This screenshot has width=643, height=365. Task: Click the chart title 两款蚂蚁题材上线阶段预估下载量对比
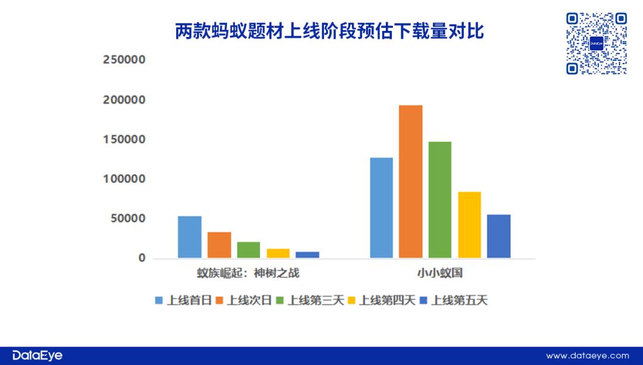(x=330, y=31)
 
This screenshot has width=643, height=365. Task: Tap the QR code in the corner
(x=597, y=43)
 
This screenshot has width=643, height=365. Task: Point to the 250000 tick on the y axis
(x=124, y=60)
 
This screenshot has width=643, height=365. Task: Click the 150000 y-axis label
(x=124, y=139)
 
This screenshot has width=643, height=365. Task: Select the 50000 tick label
(x=128, y=219)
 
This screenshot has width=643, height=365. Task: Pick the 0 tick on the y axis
(x=142, y=258)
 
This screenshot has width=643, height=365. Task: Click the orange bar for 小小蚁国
(x=410, y=182)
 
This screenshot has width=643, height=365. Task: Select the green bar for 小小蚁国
(x=440, y=199)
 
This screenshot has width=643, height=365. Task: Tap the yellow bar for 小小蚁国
(x=470, y=224)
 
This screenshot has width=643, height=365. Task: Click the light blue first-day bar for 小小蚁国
(x=382, y=208)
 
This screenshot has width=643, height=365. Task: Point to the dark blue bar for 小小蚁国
(x=499, y=236)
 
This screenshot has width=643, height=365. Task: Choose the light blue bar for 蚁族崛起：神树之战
(x=189, y=237)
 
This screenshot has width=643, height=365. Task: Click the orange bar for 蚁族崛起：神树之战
(x=219, y=245)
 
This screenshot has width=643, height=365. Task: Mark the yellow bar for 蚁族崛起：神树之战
(x=278, y=254)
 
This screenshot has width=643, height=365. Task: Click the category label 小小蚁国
(x=440, y=273)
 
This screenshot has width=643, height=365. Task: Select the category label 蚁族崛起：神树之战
(x=248, y=273)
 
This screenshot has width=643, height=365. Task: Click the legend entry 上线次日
(x=244, y=301)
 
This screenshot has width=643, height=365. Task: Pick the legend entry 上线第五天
(x=454, y=301)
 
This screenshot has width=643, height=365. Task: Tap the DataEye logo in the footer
(x=38, y=355)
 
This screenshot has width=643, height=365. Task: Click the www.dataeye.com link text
(x=588, y=356)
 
